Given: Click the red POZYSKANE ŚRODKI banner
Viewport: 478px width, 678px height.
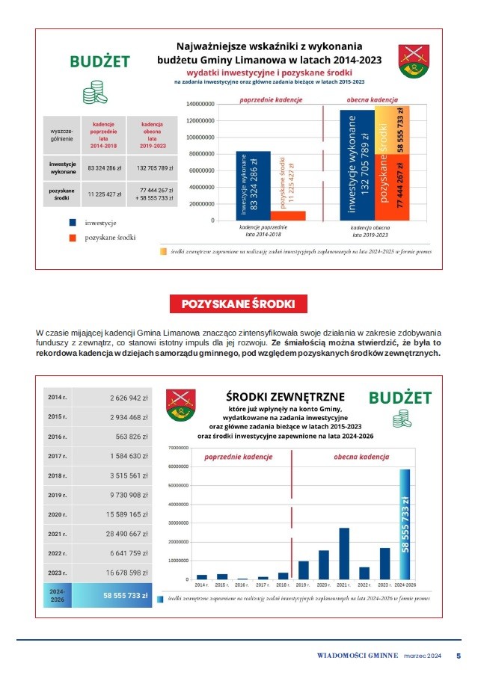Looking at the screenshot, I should click(239, 303).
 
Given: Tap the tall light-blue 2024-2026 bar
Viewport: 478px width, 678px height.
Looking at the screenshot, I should click(404, 524).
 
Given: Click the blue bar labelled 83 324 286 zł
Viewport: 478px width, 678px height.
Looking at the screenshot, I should click(242, 186).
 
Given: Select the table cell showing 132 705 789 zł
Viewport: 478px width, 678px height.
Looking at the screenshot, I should click(155, 168).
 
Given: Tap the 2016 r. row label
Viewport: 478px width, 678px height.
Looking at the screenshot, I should click(58, 437).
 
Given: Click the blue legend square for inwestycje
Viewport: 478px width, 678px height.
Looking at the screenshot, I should click(73, 222).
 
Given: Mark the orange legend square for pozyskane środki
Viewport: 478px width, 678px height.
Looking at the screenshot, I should click(73, 238).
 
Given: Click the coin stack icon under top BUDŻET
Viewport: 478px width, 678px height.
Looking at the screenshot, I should click(94, 93).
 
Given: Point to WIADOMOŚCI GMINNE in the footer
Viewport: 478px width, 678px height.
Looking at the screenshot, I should click(357, 656).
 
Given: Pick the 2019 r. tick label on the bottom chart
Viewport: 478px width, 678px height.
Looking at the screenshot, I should click(303, 585).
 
